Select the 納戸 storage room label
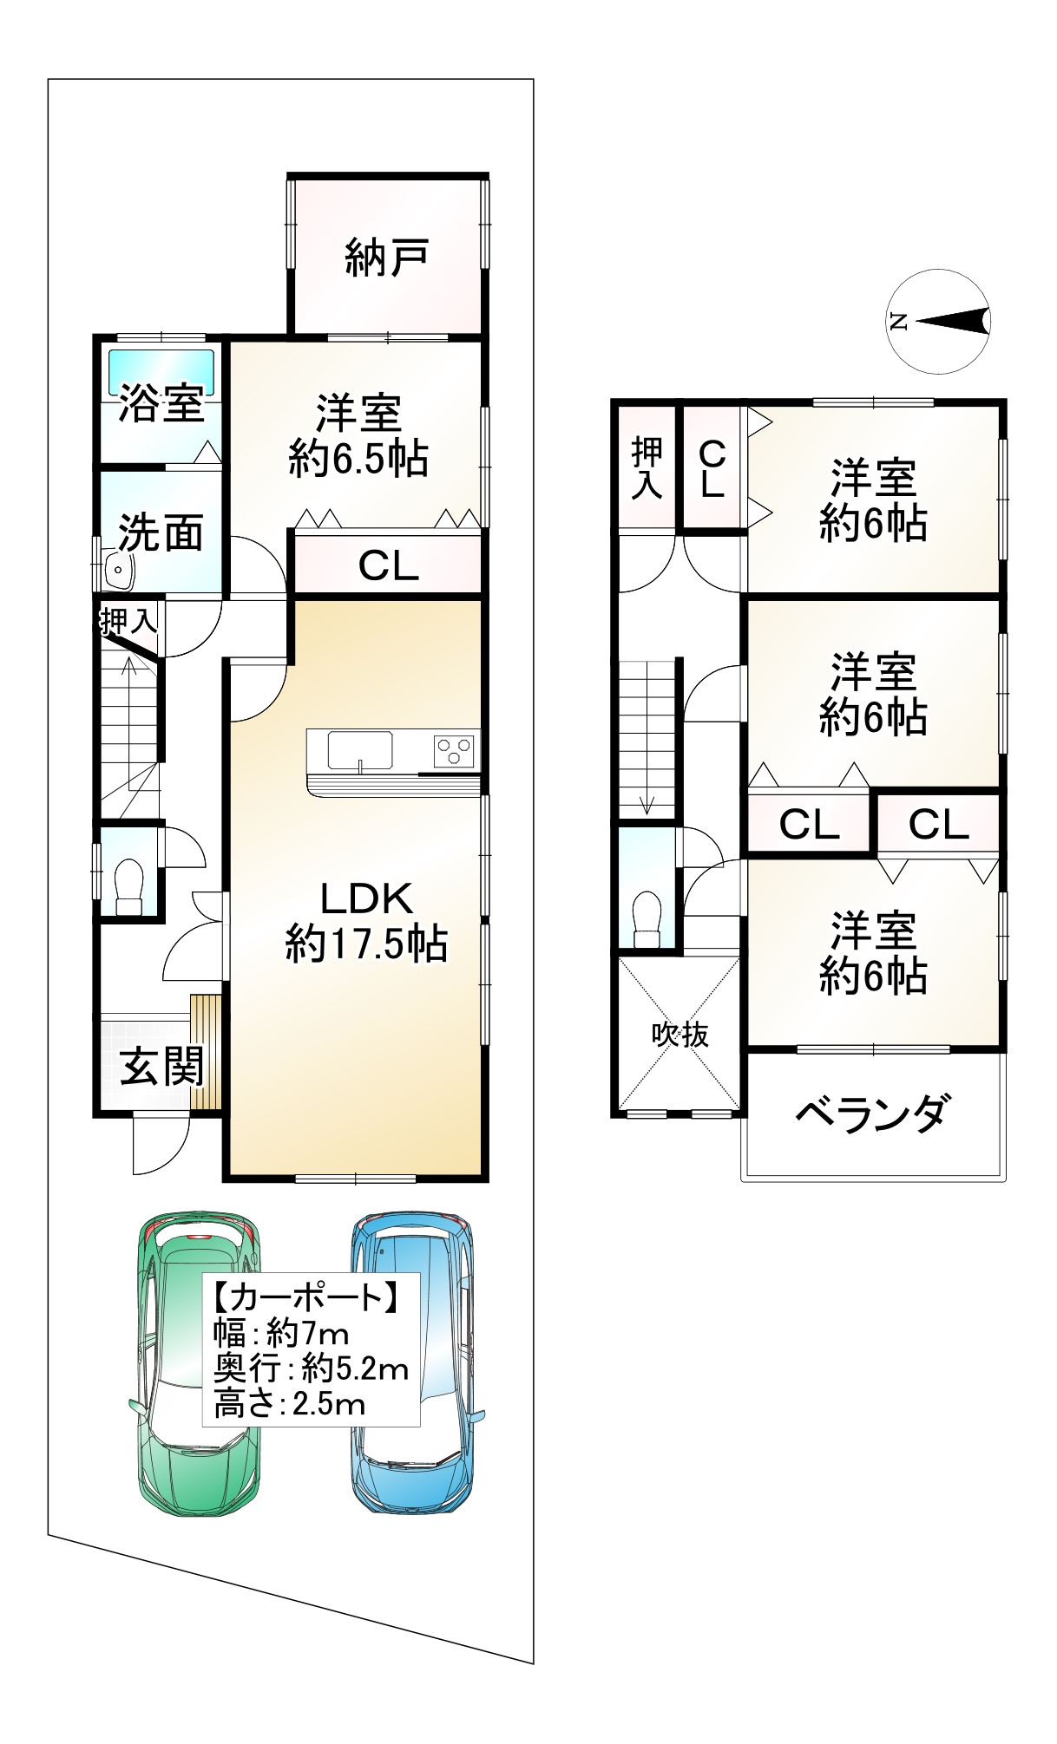(x=387, y=258)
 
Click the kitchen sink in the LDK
(x=359, y=751)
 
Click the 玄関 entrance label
(x=162, y=1066)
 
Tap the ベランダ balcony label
(x=873, y=1113)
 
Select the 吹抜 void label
(x=681, y=1034)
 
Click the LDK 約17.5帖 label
(x=366, y=922)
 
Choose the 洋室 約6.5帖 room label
(x=358, y=436)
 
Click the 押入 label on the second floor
(x=647, y=468)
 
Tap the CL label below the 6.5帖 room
(x=389, y=566)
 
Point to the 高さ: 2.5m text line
(x=290, y=1405)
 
